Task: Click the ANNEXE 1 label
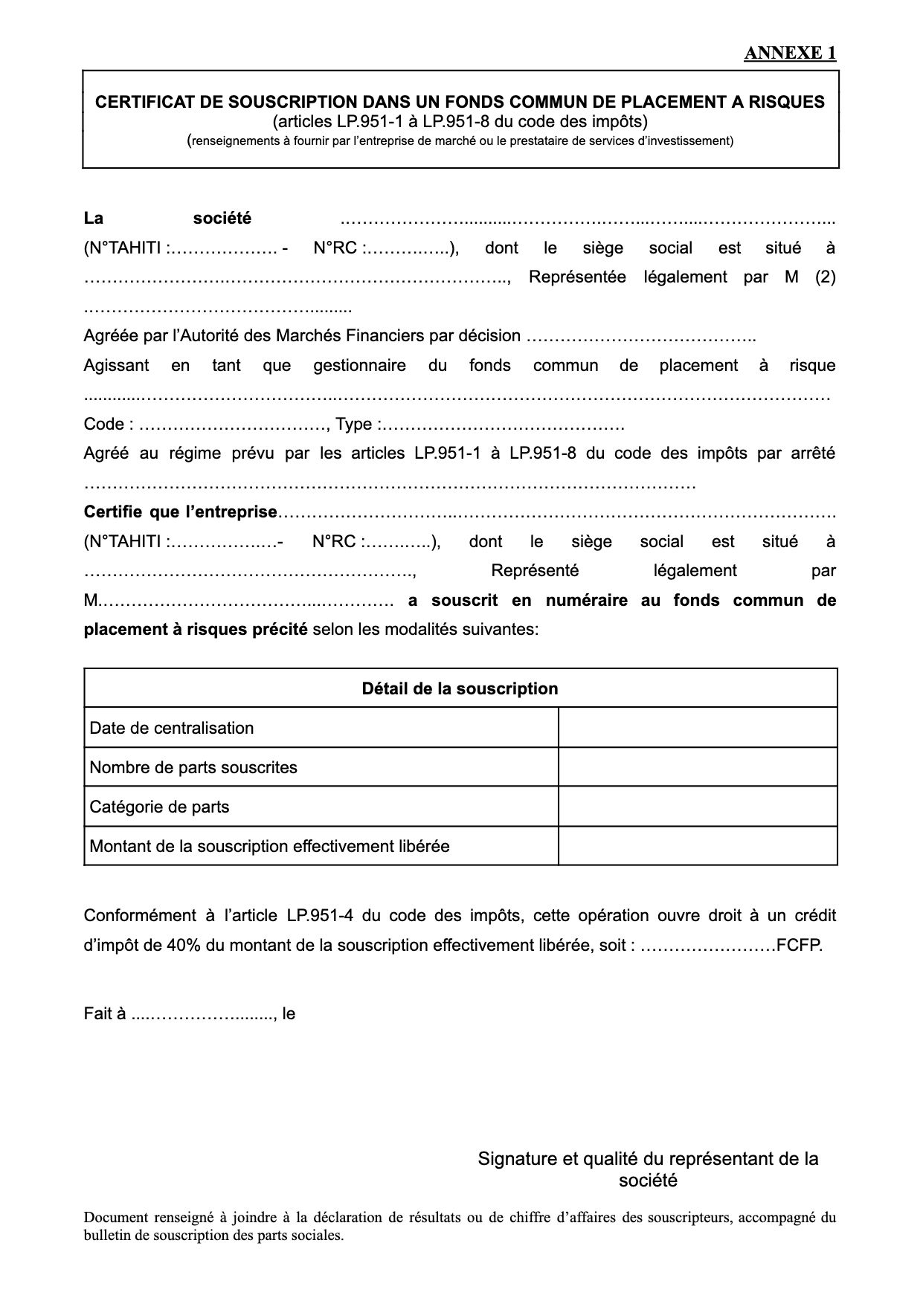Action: pos(790,53)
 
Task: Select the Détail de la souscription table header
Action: pos(460,688)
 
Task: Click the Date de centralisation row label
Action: pos(172,728)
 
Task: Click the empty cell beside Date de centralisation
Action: pos(697,728)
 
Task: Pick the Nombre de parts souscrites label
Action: pos(193,767)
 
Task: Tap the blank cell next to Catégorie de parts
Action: pos(697,807)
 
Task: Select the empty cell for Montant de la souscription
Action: pos(697,846)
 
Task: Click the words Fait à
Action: pos(104,1013)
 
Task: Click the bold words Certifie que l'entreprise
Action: pos(180,512)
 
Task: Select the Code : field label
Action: pos(109,425)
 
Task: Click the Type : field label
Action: pos(359,425)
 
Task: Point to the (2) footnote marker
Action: pos(825,277)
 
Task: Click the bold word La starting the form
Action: pos(93,219)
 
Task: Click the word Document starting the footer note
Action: pos(115,1218)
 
